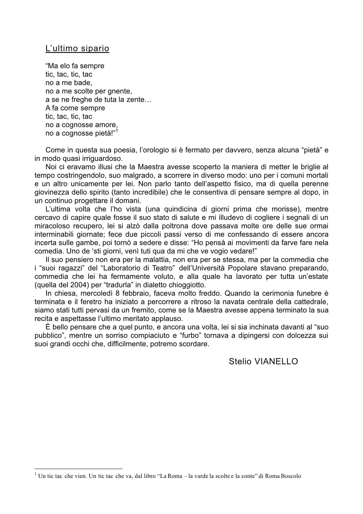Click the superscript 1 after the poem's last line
[117, 131]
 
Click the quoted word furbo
[188, 335]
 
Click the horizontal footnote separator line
[78, 469]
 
